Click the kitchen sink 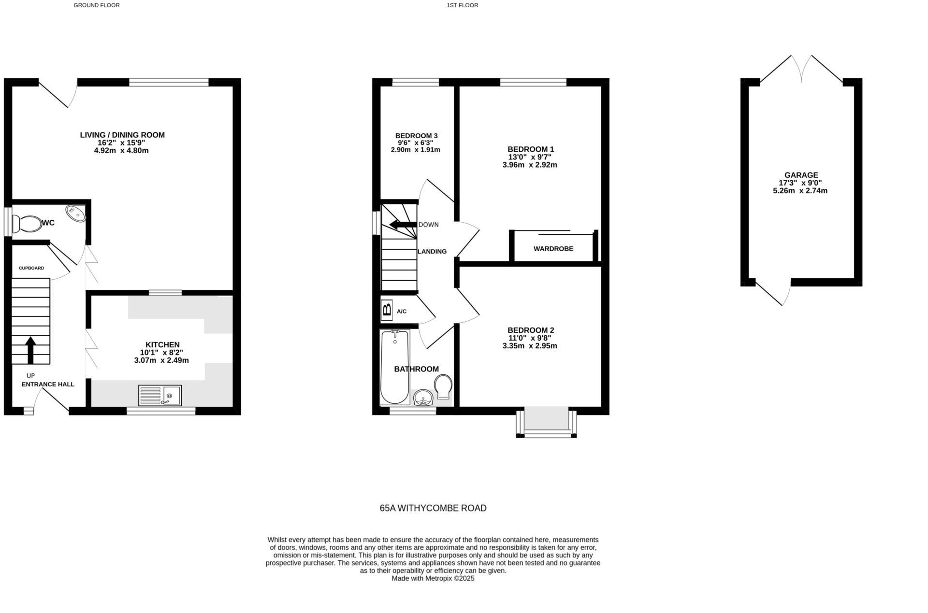tap(160, 395)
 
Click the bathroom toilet tap(443, 386)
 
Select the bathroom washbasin tap(423, 398)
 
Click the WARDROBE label tap(553, 249)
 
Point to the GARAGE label tap(801, 175)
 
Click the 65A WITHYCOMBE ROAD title tap(433, 508)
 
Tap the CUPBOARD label tap(31, 268)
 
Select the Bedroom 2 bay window tap(547, 424)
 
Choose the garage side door tap(773, 292)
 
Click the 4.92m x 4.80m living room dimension tap(121, 151)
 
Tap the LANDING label tap(432, 252)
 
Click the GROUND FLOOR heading tap(97, 5)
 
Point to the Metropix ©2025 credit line tap(433, 578)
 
